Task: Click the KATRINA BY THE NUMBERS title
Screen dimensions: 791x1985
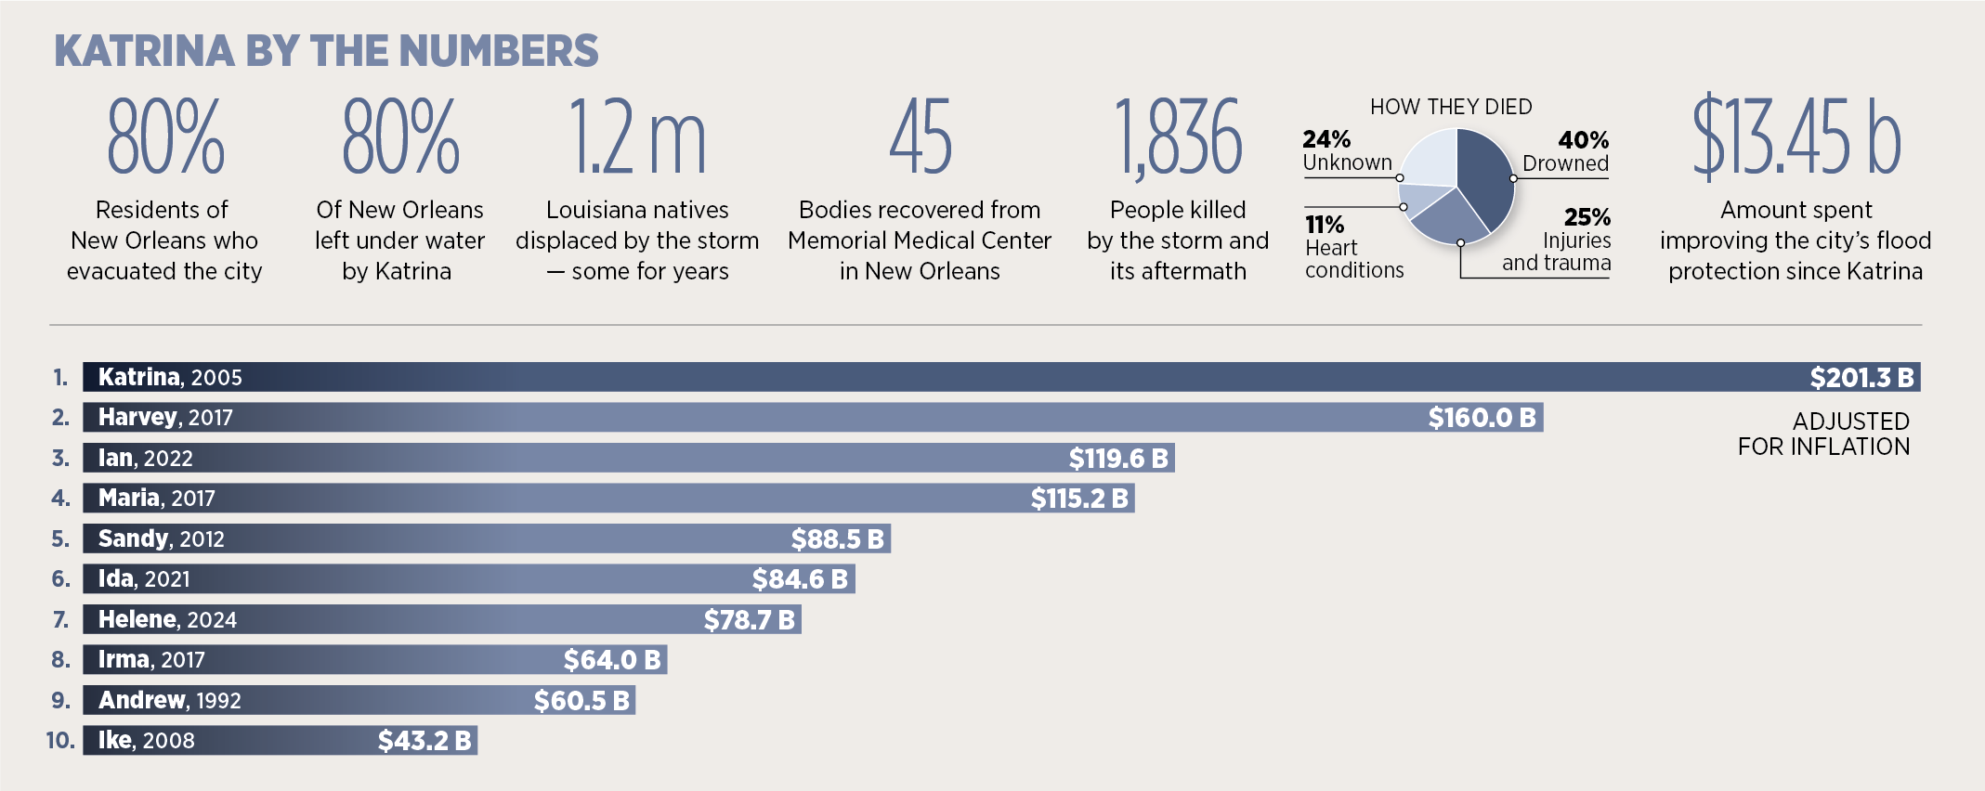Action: tap(326, 51)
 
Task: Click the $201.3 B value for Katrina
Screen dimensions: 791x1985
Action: tap(1861, 378)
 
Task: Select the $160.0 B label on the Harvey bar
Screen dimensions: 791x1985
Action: tap(1482, 418)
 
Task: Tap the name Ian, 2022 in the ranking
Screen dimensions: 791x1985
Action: tap(146, 458)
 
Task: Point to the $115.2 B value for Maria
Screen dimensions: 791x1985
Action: tap(1079, 499)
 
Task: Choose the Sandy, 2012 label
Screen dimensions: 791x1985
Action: tap(162, 538)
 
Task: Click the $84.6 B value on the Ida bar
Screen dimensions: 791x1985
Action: tap(800, 579)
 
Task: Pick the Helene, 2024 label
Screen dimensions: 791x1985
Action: tap(167, 619)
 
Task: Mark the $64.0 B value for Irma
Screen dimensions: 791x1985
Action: tap(612, 660)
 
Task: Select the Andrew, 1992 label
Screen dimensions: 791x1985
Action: tap(170, 700)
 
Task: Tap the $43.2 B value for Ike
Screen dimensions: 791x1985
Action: tap(424, 741)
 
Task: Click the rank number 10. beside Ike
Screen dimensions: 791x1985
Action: tap(60, 741)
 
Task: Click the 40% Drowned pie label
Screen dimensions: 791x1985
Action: tap(1571, 152)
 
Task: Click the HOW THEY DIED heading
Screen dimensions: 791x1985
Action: tap(1451, 107)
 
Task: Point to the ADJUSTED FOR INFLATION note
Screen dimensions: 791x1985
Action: tap(1823, 434)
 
